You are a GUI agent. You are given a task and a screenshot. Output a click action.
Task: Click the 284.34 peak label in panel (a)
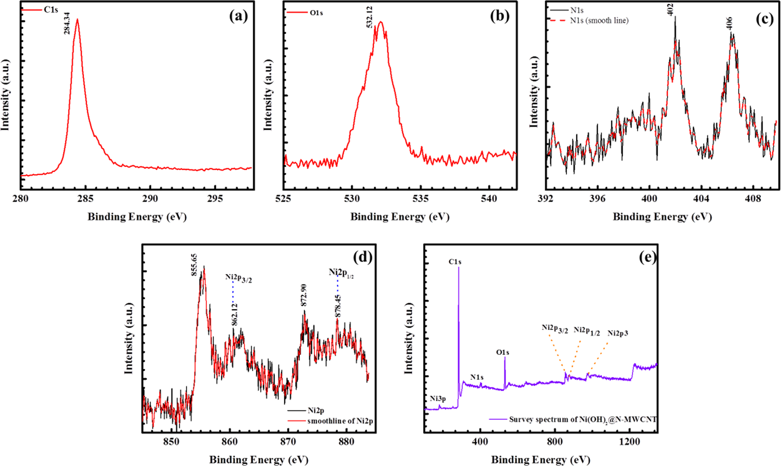point(67,23)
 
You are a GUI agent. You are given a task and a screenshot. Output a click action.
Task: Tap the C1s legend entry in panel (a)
point(51,10)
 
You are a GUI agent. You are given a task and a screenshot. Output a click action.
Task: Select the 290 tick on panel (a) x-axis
point(150,199)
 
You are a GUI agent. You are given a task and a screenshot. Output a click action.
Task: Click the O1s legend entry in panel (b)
point(316,13)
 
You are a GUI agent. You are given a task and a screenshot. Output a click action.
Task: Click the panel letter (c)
point(765,19)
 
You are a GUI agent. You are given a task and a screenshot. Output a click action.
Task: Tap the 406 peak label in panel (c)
point(729,23)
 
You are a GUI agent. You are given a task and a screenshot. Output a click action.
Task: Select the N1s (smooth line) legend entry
point(599,21)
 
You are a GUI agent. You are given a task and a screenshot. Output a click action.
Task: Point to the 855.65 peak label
point(194,265)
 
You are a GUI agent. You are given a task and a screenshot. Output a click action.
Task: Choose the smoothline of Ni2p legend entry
point(340,421)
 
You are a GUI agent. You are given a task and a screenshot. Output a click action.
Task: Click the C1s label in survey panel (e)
point(455,262)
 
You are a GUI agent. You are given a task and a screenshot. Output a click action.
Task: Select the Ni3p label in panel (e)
point(438,398)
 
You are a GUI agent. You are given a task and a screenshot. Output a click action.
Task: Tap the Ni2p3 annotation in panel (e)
point(618,333)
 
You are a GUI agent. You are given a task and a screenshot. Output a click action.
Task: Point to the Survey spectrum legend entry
point(583,419)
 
